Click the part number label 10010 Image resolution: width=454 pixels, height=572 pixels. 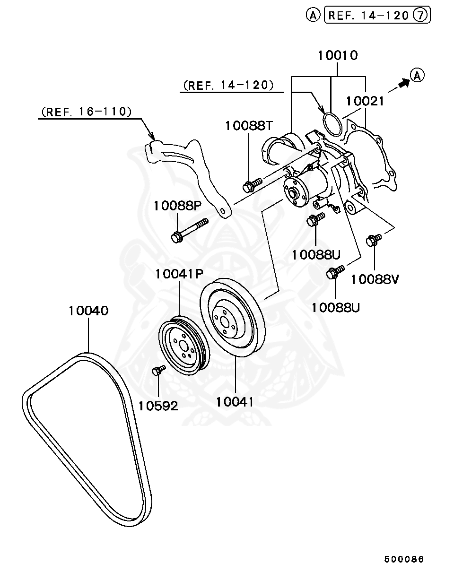[x=337, y=55]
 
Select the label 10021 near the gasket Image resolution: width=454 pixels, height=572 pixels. [x=365, y=101]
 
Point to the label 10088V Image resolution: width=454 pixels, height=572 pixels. [x=375, y=279]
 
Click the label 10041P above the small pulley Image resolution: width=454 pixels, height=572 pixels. [x=179, y=274]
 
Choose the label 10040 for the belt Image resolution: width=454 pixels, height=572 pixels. [x=88, y=311]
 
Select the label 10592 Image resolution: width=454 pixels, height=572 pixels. [x=158, y=406]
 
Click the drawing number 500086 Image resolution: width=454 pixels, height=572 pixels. [x=404, y=559]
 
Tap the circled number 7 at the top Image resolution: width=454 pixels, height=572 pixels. [x=420, y=16]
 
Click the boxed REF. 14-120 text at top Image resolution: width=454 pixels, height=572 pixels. [x=368, y=16]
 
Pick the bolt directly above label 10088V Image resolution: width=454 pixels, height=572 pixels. [x=374, y=240]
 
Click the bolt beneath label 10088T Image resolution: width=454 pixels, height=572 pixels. [x=252, y=184]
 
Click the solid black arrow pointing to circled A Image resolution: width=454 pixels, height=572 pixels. [x=402, y=83]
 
